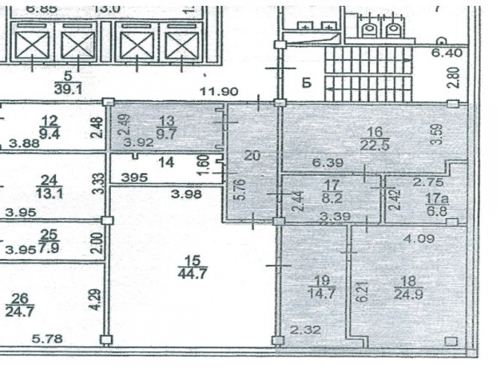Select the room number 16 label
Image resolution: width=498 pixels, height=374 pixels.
coord(375,131)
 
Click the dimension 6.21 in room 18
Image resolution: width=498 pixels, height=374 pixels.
coord(360,292)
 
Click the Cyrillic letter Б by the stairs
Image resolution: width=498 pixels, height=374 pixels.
coord(306,83)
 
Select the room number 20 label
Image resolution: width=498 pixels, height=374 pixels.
coord(253,156)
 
